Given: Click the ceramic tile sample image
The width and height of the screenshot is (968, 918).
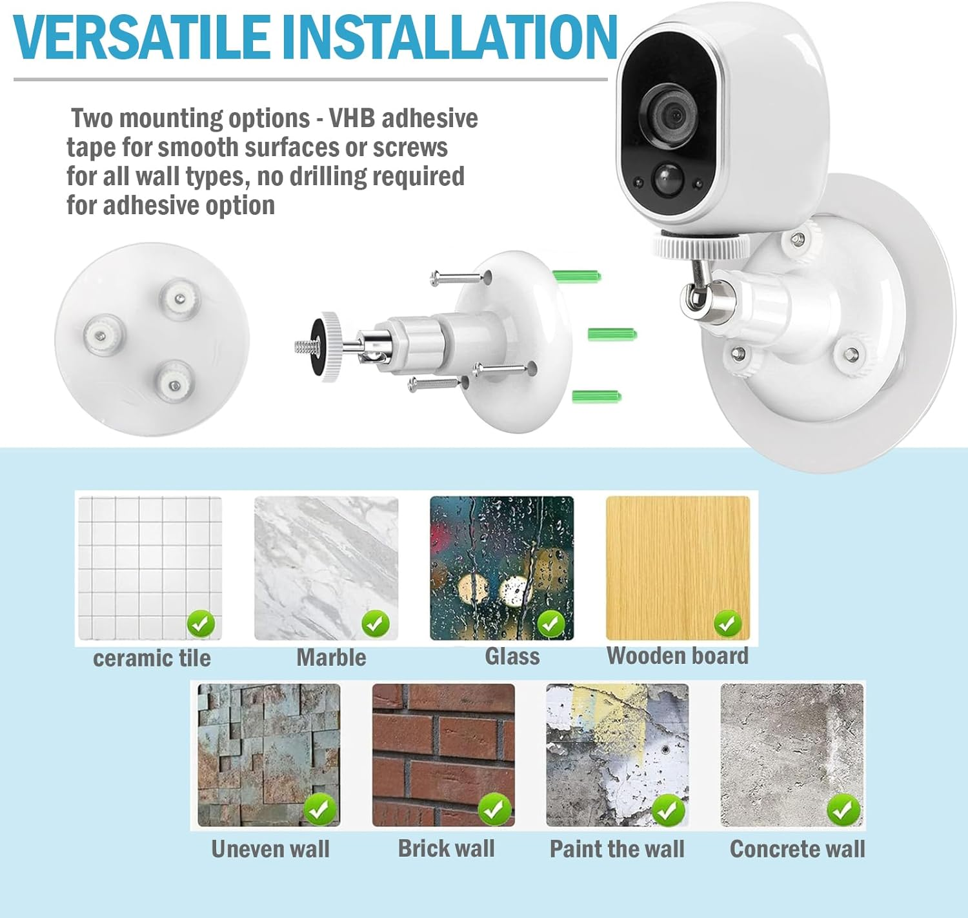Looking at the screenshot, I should tap(150, 568).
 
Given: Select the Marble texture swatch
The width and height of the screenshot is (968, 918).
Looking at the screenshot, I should tap(326, 568).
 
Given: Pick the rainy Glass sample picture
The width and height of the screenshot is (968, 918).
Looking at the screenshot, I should tap(501, 568).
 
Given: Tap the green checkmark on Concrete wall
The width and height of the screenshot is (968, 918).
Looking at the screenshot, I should tap(843, 810).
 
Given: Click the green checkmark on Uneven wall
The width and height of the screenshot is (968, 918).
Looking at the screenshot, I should tap(319, 810).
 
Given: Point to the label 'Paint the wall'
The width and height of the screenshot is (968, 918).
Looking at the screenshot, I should tap(617, 849).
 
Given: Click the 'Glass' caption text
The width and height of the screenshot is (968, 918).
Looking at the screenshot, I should tap(512, 657).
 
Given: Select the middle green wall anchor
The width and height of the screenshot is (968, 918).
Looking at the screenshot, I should tap(612, 334).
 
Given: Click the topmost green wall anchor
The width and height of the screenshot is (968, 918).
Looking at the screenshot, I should tap(576, 276).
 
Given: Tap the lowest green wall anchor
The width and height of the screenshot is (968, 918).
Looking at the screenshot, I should tap(596, 395).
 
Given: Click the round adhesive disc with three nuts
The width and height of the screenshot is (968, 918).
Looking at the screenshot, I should tap(152, 339).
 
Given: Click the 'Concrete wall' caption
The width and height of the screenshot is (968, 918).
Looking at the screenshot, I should tap(797, 849).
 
